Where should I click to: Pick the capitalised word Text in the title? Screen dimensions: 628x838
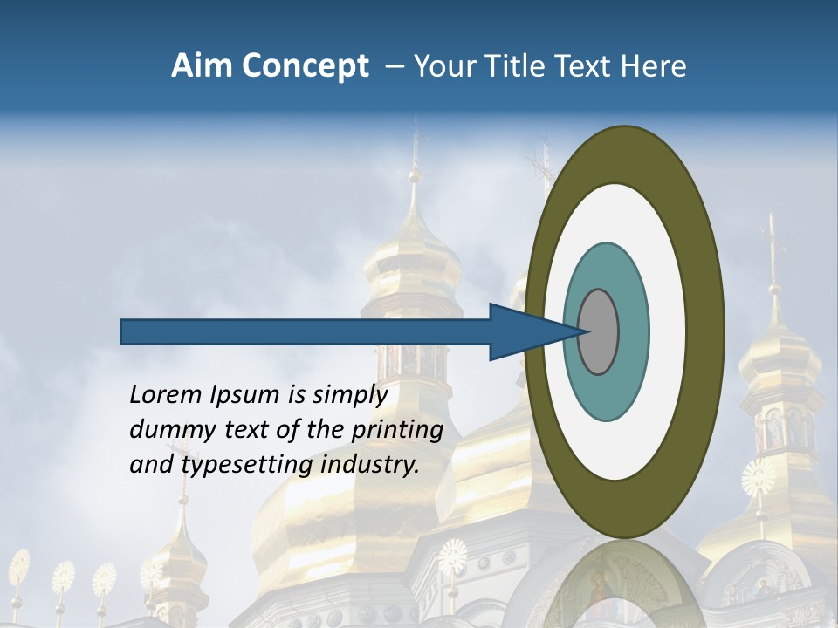coord(585,66)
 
